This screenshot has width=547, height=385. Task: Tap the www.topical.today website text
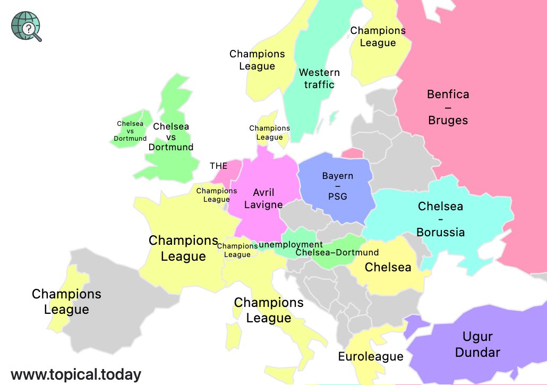pyautogui.click(x=76, y=374)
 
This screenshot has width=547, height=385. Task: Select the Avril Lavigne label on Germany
pyautogui.click(x=263, y=199)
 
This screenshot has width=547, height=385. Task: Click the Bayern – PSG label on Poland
pyautogui.click(x=338, y=186)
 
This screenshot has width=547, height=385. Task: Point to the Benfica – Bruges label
pyautogui.click(x=448, y=107)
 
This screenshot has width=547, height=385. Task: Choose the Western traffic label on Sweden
pyautogui.click(x=319, y=78)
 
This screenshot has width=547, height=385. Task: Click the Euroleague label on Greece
pyautogui.click(x=371, y=356)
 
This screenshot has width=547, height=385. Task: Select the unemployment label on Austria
pyautogui.click(x=290, y=244)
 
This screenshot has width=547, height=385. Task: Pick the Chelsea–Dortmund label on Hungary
pyautogui.click(x=337, y=252)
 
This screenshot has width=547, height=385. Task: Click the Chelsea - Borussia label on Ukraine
pyautogui.click(x=440, y=219)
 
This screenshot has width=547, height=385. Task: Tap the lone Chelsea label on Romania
pyautogui.click(x=388, y=267)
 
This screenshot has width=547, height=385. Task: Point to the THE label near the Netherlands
pyautogui.click(x=218, y=166)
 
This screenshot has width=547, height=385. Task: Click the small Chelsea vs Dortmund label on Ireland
pyautogui.click(x=130, y=131)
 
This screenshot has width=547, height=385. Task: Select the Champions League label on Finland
pyautogui.click(x=378, y=37)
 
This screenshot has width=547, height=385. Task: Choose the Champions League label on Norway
pyautogui.click(x=257, y=60)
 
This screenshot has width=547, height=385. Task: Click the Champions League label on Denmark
pyautogui.click(x=269, y=133)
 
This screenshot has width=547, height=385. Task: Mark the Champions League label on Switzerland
pyautogui.click(x=237, y=250)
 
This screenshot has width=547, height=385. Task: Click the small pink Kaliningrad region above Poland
pyautogui.click(x=352, y=153)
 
